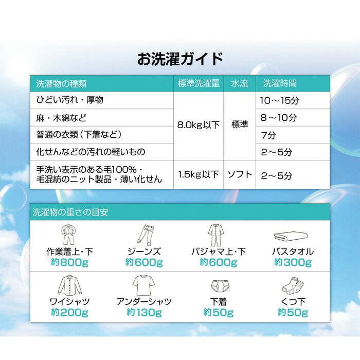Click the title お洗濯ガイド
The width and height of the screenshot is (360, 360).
click(x=180, y=58)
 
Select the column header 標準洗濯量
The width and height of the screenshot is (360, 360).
click(x=199, y=83)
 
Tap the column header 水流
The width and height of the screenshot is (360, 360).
click(x=240, y=83)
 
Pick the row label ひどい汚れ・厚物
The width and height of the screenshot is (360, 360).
click(x=69, y=100)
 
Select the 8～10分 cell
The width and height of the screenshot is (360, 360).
click(x=279, y=117)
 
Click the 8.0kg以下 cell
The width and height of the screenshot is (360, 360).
click(x=199, y=125)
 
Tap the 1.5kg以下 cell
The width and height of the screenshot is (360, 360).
click(x=199, y=174)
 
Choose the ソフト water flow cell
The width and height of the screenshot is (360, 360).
click(x=240, y=174)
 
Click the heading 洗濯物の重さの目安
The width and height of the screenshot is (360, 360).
click(x=70, y=211)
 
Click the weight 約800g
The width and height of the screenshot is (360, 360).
click(x=69, y=263)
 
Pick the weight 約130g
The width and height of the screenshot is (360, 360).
click(x=143, y=312)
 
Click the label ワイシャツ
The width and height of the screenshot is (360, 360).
click(x=69, y=301)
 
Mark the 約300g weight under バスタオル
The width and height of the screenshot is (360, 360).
click(x=293, y=263)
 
